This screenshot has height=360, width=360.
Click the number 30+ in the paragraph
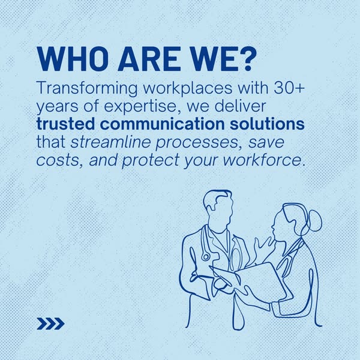[289, 88]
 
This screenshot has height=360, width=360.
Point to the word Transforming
[87, 89]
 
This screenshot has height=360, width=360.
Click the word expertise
[141, 107]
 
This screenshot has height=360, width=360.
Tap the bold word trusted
[65, 124]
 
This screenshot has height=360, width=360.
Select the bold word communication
[163, 124]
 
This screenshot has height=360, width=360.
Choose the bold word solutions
[267, 124]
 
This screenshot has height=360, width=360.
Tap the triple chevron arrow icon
[50, 324]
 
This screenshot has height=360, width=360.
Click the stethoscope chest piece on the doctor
[206, 256]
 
